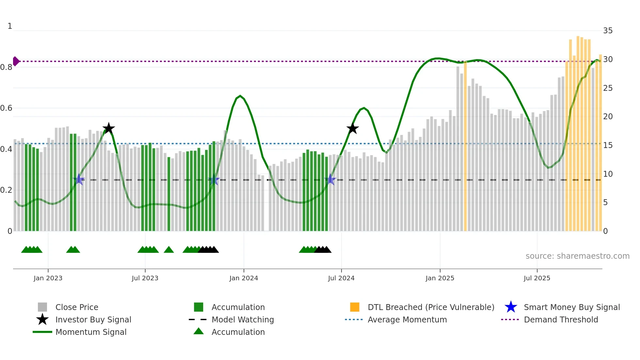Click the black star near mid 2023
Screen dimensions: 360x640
[x=108, y=128]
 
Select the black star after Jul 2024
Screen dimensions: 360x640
[x=352, y=128]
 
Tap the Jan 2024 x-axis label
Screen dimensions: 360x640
[x=244, y=278]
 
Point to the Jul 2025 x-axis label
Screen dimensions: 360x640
[x=537, y=278]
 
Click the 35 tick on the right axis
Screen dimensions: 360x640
[x=608, y=31]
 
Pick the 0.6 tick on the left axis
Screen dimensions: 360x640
[x=6, y=108]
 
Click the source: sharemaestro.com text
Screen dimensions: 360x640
[x=577, y=256]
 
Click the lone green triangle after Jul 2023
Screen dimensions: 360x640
[x=169, y=250]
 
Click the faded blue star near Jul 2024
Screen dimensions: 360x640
[x=330, y=179]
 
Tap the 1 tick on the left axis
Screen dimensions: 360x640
[x=10, y=26]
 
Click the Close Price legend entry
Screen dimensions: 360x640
[x=76, y=307]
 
